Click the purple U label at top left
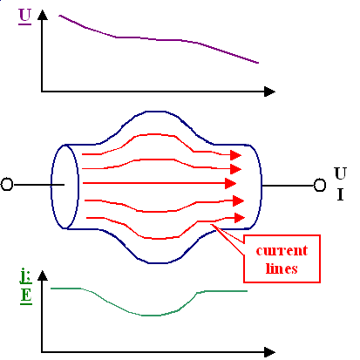tap(24, 15)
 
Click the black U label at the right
tap(340, 171)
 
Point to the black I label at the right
tap(340, 194)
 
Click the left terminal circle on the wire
tap(7, 184)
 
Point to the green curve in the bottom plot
tap(148, 314)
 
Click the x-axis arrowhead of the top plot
tap(269, 90)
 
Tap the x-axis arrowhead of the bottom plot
tap(264, 352)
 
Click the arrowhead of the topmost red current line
tap(236, 153)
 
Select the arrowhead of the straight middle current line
tap(230, 184)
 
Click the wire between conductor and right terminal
tap(287, 184)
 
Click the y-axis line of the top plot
tap(41, 52)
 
